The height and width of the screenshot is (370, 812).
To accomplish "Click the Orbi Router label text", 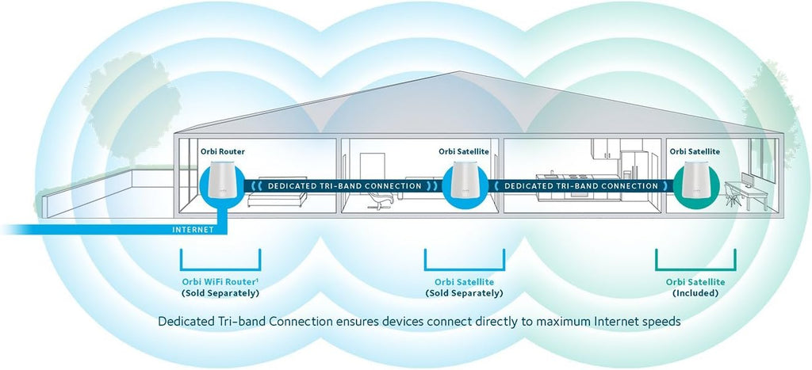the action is coord(223,151).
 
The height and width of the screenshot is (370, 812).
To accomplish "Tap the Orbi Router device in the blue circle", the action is coord(223,180).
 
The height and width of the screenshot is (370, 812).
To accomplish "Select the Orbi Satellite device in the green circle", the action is coord(696,180).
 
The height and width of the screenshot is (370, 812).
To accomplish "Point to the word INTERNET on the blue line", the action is coord(193,230).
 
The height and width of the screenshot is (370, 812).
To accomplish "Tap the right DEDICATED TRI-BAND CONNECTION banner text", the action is coord(581,185).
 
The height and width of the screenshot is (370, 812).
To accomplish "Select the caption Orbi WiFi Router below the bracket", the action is coord(220,283).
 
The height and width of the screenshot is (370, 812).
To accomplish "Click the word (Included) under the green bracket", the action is coord(695,293).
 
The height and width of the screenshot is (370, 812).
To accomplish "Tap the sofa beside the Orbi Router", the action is coord(277,199).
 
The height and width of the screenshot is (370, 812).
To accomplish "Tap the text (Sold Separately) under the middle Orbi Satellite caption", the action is coord(464,293).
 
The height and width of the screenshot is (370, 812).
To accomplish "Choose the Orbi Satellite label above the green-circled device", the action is coord(695,151).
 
